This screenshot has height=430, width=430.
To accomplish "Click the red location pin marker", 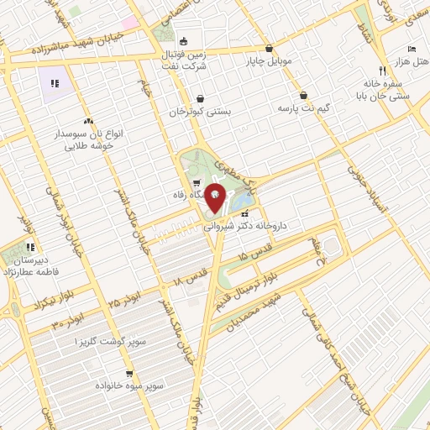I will click(x=216, y=197).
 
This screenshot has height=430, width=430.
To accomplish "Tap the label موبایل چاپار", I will click(x=268, y=61).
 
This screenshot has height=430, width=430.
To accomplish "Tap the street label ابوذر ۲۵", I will click(x=124, y=300).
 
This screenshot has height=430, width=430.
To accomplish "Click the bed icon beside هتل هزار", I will click(x=411, y=49).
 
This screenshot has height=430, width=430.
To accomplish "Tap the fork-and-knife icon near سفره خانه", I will click(x=383, y=71).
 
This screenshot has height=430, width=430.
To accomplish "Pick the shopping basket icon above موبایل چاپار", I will click(x=268, y=49).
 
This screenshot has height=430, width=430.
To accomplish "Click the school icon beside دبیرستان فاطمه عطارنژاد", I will click(x=30, y=248).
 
